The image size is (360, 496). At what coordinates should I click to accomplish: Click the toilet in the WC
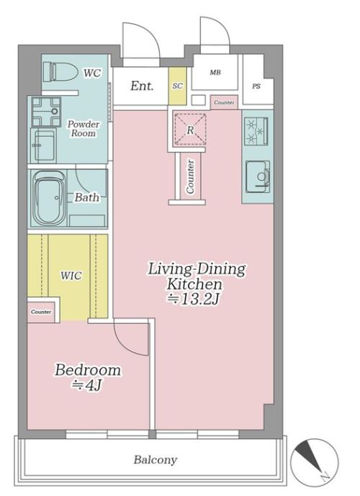click(60, 71)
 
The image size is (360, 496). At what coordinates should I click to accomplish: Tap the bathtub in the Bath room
click(49, 198)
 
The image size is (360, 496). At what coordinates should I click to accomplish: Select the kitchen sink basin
click(258, 176)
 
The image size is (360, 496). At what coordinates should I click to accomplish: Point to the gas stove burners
click(256, 131)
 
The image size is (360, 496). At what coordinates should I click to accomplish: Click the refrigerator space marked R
click(190, 129)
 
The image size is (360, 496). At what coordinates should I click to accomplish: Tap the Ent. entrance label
click(142, 86)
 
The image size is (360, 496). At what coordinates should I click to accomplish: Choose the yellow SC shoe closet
click(177, 86)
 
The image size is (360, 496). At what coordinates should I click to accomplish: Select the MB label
click(215, 73)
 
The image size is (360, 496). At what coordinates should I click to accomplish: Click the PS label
click(256, 86)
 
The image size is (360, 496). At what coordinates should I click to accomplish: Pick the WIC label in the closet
click(71, 275)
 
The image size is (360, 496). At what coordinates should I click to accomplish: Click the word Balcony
click(156, 459)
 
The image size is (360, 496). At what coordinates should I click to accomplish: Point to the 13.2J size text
click(193, 299)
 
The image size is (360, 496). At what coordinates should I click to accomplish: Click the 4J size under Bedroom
click(87, 385)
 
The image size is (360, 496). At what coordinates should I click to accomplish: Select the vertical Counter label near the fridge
click(190, 176)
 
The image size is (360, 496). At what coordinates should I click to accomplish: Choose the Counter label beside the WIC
click(41, 312)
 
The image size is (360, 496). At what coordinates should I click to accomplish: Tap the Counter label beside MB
click(225, 102)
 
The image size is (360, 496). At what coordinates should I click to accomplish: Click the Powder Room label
click(84, 128)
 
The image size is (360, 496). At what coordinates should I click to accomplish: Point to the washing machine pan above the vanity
click(46, 112)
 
